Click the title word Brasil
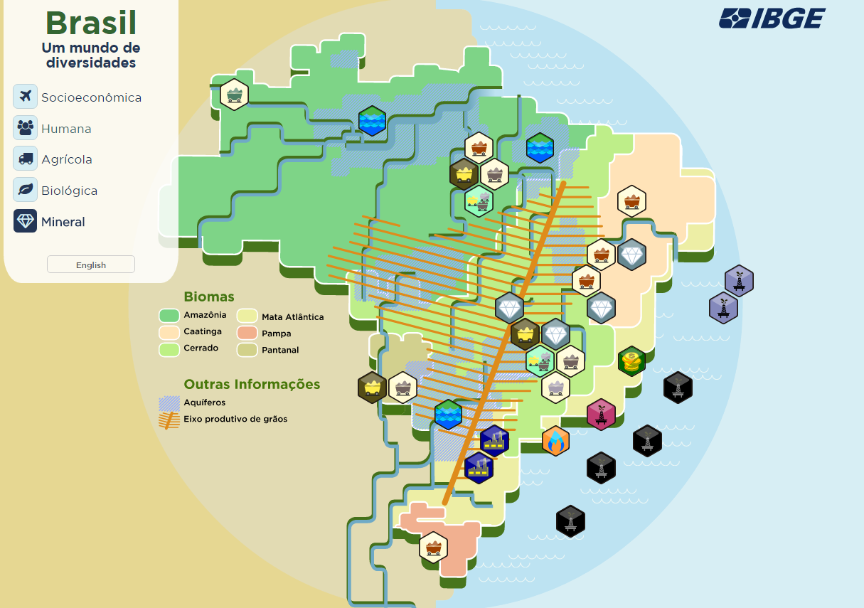(91, 23)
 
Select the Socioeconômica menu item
(91, 97)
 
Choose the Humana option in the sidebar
(66, 129)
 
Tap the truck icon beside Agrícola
(25, 159)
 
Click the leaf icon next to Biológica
(25, 190)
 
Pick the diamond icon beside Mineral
(25, 221)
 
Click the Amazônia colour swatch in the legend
(169, 315)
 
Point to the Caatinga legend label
(203, 331)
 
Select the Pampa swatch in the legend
(247, 333)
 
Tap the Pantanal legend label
(280, 350)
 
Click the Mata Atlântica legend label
(292, 316)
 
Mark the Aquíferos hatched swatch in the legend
(169, 403)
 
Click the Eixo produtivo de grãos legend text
(235, 420)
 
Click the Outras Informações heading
(252, 384)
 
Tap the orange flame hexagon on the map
(555, 441)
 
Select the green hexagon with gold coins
(631, 361)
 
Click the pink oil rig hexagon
(601, 414)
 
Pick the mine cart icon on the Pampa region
(433, 548)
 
